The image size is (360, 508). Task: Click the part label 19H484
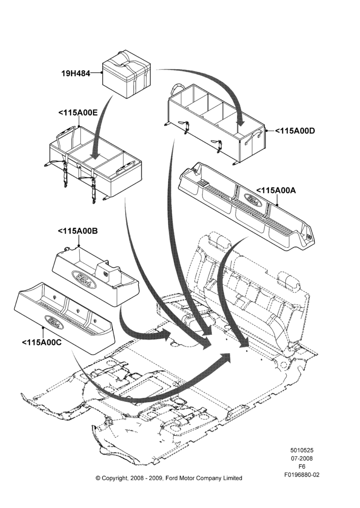click(76, 74)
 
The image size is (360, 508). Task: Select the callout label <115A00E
click(78, 112)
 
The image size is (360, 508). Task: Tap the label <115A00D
click(295, 131)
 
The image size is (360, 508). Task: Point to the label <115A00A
click(276, 190)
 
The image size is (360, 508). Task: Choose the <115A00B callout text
click(78, 231)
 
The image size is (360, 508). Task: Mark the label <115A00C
click(42, 342)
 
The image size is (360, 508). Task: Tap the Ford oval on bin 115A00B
click(84, 278)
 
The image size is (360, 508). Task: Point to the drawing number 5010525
click(302, 450)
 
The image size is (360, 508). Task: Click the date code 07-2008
click(302, 458)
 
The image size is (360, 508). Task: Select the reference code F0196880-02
click(302, 474)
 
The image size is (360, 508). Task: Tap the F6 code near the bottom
click(302, 466)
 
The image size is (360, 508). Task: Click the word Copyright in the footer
click(114, 478)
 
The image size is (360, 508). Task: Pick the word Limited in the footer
click(231, 478)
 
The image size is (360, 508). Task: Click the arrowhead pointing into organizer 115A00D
click(241, 121)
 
